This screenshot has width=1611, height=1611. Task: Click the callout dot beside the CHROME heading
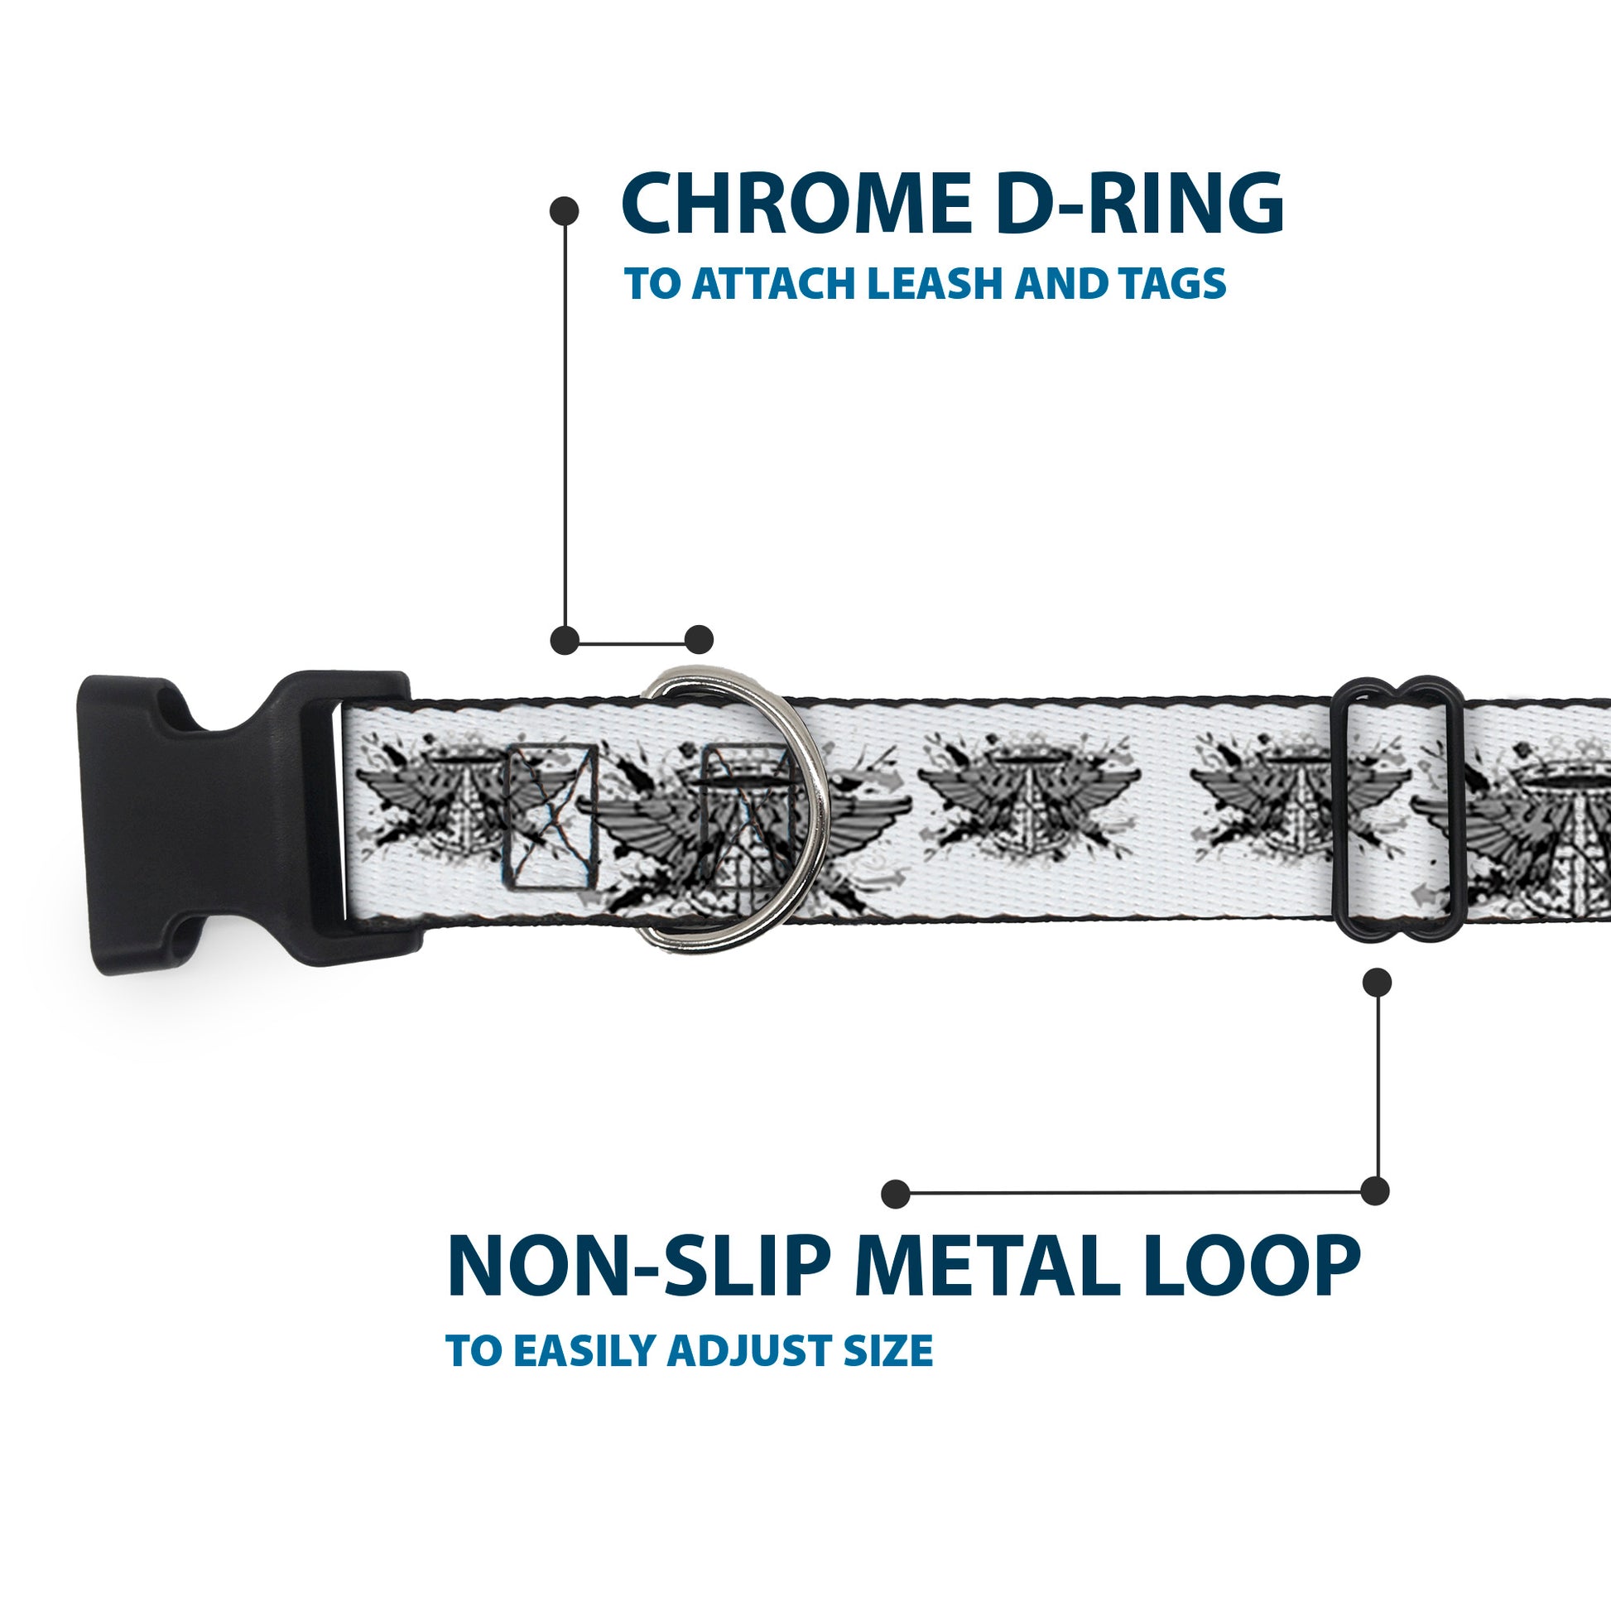point(565,211)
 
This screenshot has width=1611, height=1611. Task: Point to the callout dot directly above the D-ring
point(699,640)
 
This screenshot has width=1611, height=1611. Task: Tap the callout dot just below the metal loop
point(1377,983)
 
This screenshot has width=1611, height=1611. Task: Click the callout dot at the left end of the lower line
point(896,1193)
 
